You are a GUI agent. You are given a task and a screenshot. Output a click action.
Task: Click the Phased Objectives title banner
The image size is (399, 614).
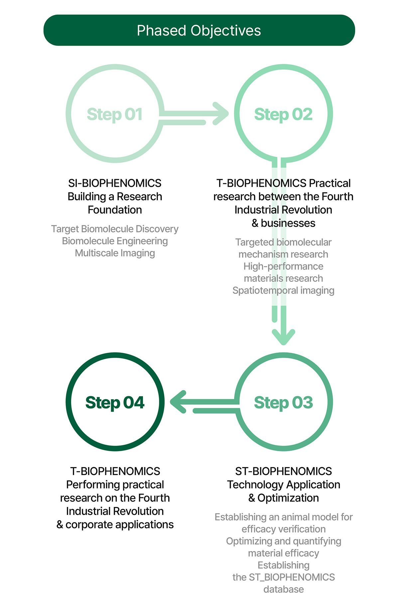tap(199, 30)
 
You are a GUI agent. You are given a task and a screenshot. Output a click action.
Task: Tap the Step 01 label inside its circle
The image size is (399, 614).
tap(115, 114)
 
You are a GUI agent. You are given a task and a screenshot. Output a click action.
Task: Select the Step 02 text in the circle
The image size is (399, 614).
tap(283, 114)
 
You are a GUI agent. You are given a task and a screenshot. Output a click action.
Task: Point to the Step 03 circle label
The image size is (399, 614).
tap(283, 403)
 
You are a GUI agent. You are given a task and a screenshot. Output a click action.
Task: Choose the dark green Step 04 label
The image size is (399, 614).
tap(115, 403)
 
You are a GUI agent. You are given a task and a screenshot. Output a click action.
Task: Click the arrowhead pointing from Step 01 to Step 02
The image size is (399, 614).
tap(221, 113)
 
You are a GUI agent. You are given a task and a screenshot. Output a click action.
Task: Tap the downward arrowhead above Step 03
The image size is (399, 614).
tap(283, 336)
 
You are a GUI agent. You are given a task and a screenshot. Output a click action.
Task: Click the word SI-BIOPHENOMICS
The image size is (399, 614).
tap(115, 183)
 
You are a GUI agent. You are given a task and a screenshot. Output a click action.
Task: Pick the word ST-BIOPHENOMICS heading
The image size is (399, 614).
tap(283, 471)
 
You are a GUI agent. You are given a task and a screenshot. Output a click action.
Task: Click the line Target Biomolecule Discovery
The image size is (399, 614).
tap(115, 229)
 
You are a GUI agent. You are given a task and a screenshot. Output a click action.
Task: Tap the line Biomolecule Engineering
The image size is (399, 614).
tap(115, 241)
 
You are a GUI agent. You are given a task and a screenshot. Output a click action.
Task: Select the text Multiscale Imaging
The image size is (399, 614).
tap(115, 253)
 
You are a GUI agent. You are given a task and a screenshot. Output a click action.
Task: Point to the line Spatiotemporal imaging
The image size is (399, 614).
tap(283, 291)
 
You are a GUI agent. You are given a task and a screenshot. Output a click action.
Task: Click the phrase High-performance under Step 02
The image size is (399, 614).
tap(283, 266)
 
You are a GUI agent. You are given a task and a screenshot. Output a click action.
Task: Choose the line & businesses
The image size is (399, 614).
tap(283, 223)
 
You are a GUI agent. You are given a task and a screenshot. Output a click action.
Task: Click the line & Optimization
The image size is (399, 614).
tap(283, 498)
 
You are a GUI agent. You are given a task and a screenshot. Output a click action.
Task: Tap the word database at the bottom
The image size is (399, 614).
tap(283, 589)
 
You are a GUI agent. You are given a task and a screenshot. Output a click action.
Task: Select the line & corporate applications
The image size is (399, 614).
tap(115, 525)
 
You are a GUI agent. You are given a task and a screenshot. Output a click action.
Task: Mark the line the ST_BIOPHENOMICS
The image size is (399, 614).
tap(283, 577)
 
